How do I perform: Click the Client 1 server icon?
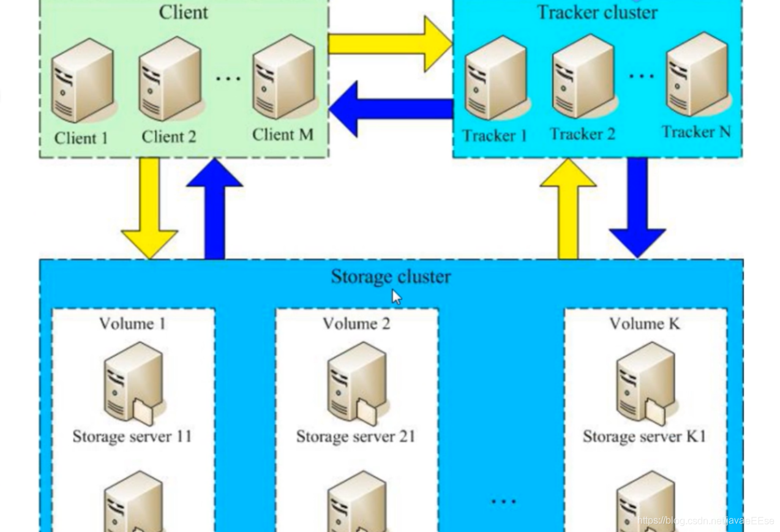pos(83,81)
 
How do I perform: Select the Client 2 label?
pos(169,137)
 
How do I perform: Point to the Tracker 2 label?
pos(582,134)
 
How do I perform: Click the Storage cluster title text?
pos(391,277)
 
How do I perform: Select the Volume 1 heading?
pos(132,323)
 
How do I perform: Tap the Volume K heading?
pos(644,323)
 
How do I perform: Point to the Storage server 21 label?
pos(356,436)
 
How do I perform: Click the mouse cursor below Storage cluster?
pos(397,297)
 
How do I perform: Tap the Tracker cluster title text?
pos(597,12)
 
